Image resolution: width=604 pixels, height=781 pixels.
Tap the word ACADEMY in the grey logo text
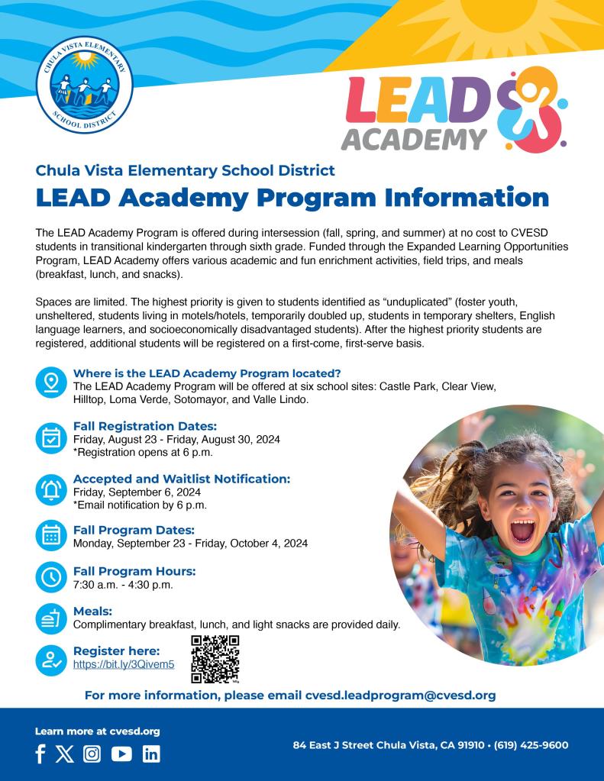[x=414, y=138]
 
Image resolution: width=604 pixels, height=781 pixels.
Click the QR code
[x=215, y=659]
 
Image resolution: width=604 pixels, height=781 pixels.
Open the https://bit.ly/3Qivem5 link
[x=124, y=665]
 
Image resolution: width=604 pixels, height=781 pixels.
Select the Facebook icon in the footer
[x=40, y=754]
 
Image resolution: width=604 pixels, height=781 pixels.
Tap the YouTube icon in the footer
[x=121, y=754]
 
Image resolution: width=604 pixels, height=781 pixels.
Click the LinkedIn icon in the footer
[x=151, y=754]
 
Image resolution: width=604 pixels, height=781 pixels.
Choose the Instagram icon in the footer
[x=92, y=754]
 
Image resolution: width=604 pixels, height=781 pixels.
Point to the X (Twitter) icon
[x=65, y=754]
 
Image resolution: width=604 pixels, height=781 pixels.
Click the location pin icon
[x=51, y=382]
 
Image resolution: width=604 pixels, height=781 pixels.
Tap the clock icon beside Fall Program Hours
[x=51, y=577]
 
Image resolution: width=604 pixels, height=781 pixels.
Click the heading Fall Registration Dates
[x=145, y=426]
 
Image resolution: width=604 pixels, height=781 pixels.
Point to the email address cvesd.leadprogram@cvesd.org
[x=401, y=695]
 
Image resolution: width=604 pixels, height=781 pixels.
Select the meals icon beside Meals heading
[x=51, y=618]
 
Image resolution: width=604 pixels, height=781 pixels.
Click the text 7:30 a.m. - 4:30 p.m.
[x=123, y=585]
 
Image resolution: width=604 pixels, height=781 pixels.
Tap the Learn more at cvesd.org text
[x=97, y=731]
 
